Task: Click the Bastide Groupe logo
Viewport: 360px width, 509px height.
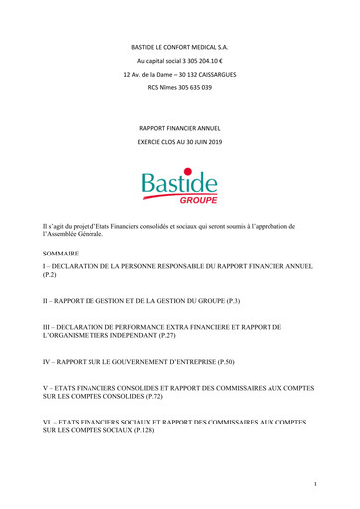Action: (179, 186)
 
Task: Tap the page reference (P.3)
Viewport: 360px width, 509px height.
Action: (220, 300)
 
